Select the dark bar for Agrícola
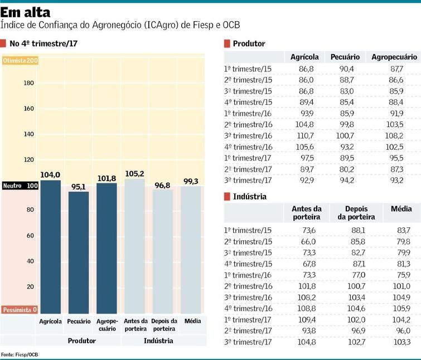(50, 245)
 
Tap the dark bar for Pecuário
(79, 251)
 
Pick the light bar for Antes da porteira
(135, 245)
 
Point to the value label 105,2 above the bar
(135, 174)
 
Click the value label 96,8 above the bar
(163, 184)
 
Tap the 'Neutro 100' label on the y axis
(20, 186)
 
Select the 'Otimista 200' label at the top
(20, 60)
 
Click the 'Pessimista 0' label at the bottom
(20, 310)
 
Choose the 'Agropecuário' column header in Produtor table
(394, 57)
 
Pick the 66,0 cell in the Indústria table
(308, 241)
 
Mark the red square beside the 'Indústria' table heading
(227, 196)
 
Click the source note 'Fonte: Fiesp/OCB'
(20, 354)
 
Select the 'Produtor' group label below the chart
(82, 340)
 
